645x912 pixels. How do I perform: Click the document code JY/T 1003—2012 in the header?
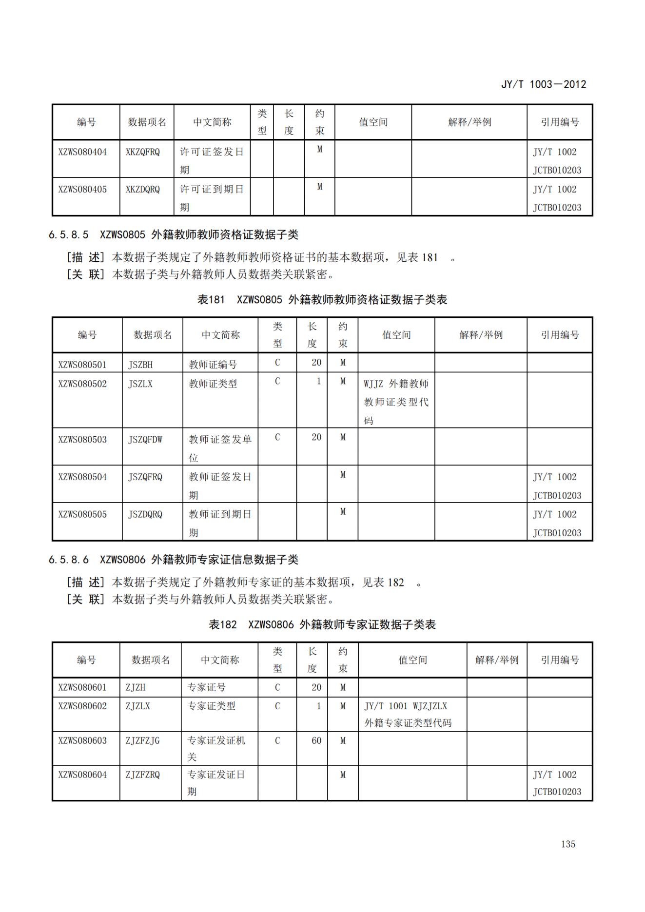click(x=543, y=84)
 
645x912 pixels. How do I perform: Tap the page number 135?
click(x=568, y=844)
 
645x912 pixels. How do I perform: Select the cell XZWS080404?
click(x=82, y=152)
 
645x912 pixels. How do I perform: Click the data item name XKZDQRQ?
click(x=143, y=190)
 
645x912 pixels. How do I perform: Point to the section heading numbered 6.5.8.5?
click(x=173, y=235)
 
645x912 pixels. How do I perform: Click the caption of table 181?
click(x=322, y=300)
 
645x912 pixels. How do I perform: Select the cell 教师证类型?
click(x=213, y=384)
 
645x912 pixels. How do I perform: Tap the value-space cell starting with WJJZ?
click(x=396, y=402)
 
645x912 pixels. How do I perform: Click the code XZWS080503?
click(x=82, y=440)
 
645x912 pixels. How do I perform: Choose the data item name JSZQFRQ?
click(x=145, y=477)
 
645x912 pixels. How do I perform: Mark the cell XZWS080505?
click(x=82, y=515)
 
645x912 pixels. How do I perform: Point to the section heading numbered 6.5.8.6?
click(x=173, y=560)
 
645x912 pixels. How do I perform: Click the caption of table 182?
click(x=322, y=625)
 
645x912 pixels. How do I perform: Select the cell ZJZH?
click(x=136, y=688)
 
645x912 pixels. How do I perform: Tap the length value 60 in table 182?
click(x=316, y=741)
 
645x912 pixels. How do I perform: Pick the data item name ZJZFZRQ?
click(x=143, y=775)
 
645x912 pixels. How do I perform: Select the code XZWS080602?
click(x=82, y=706)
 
